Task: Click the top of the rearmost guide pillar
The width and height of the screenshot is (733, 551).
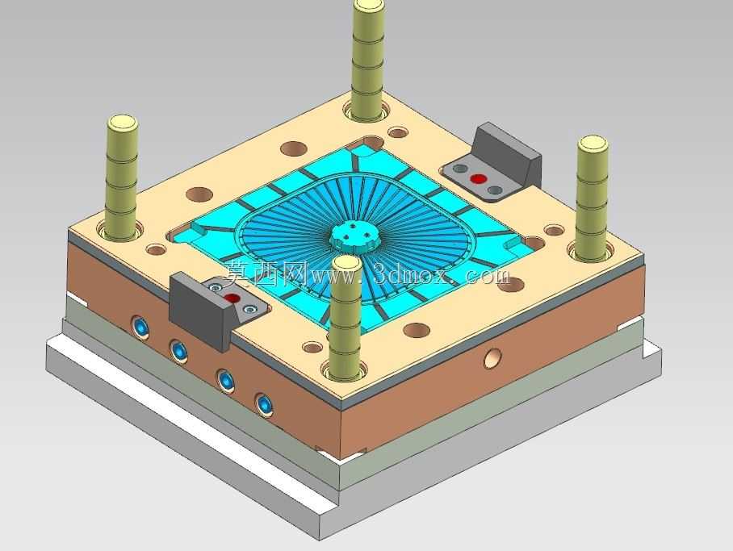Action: [369, 7]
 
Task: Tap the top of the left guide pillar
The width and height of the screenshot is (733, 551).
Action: [123, 123]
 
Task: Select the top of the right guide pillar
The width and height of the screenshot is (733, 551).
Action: [593, 144]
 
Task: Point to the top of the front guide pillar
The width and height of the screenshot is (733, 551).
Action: [346, 264]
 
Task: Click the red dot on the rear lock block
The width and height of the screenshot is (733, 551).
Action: [478, 178]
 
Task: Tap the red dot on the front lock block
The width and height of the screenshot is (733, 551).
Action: [232, 298]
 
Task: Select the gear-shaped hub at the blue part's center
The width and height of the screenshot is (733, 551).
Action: [356, 238]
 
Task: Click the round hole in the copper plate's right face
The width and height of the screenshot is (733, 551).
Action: [492, 358]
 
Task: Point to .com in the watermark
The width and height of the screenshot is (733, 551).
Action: [484, 276]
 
